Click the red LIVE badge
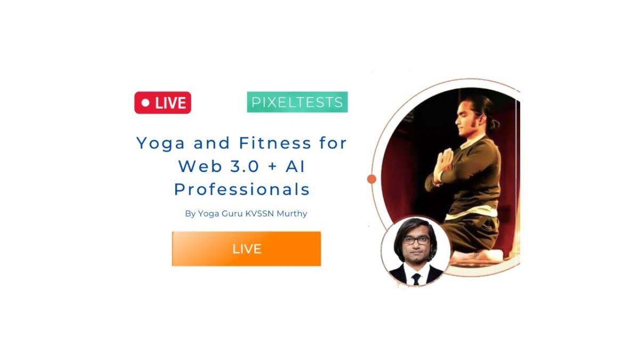click(162, 103)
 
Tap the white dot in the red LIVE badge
click(145, 103)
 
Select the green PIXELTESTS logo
click(297, 102)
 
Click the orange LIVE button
click(247, 249)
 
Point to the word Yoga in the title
click(161, 143)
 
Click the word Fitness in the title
click(275, 143)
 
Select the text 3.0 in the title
click(244, 166)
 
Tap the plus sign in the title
click(273, 167)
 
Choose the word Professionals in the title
click(242, 190)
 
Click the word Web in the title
click(200, 166)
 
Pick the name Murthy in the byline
click(292, 214)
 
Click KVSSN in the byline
click(260, 214)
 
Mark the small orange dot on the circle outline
click(372, 179)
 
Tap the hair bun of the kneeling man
click(494, 123)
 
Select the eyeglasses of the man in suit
click(416, 241)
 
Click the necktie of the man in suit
click(416, 279)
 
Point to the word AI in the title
click(295, 166)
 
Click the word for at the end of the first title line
click(333, 143)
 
